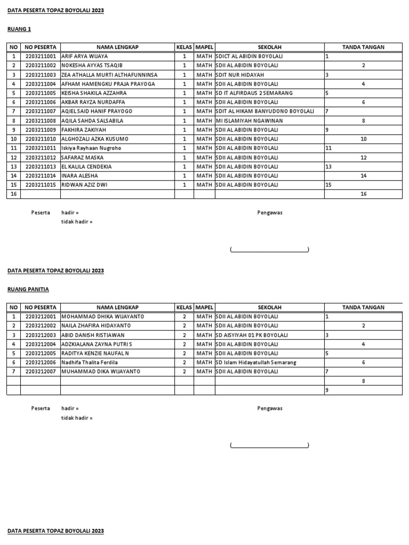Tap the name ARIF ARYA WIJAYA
pos(84,56)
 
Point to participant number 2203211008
pos(40,121)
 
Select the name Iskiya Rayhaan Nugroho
pos(91,148)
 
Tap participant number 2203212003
pos(40,335)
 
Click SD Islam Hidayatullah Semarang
pos(256,362)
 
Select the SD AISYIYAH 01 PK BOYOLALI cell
pos(251,335)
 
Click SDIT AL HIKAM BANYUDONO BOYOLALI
pos(264,111)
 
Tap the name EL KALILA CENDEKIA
pos(86,167)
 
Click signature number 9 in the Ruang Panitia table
pos(326,390)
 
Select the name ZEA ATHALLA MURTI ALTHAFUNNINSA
pos(109,75)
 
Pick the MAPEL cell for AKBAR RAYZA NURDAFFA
pos(204,102)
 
